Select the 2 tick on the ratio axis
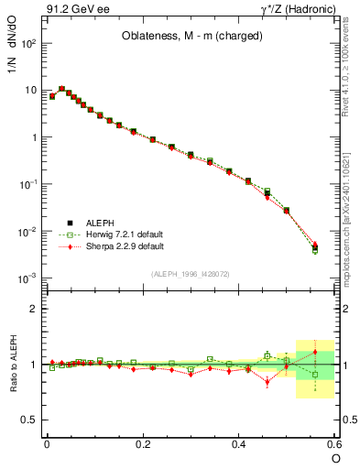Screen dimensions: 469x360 [33, 309]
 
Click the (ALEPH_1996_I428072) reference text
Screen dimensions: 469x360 [191, 274]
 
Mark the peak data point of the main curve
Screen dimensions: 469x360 [61, 89]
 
